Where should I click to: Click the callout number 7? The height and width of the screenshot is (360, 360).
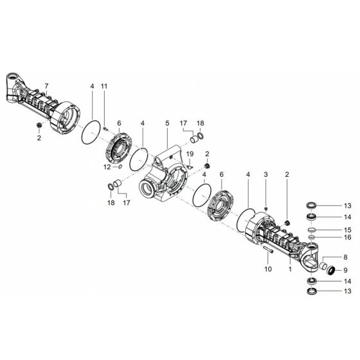pos(46,86)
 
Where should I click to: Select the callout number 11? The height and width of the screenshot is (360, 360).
pos(104,86)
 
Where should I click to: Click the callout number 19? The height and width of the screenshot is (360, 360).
pos(190,154)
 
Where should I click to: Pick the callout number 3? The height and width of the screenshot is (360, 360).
pos(265,175)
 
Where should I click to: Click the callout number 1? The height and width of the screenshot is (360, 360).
pos(290,270)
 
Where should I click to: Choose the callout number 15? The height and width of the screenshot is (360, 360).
pos(346,229)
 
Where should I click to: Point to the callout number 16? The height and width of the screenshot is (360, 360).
pos(346,237)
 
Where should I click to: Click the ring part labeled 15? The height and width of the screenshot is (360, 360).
pos(310,229)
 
